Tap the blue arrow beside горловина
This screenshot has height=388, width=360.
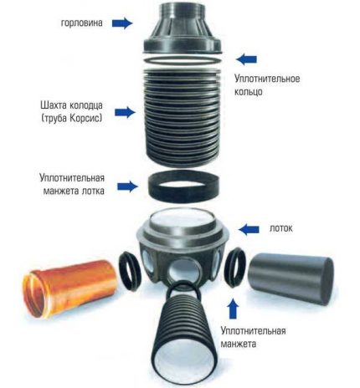(122, 23)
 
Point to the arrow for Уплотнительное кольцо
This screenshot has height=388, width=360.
(244, 59)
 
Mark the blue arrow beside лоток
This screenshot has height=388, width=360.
(251, 227)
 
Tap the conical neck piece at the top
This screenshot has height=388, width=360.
(183, 29)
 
